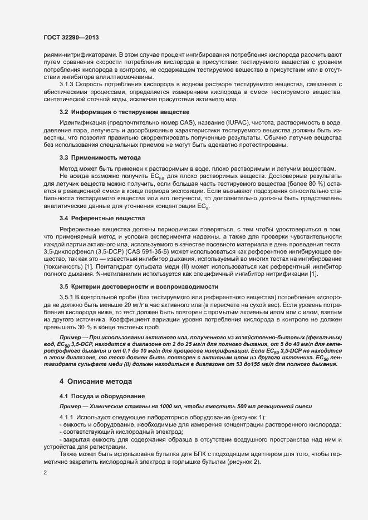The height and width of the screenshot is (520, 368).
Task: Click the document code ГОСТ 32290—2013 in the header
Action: (x=71, y=37)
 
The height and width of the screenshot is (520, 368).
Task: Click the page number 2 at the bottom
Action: (x=45, y=473)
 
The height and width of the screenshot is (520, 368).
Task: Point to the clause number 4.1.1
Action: (x=67, y=417)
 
